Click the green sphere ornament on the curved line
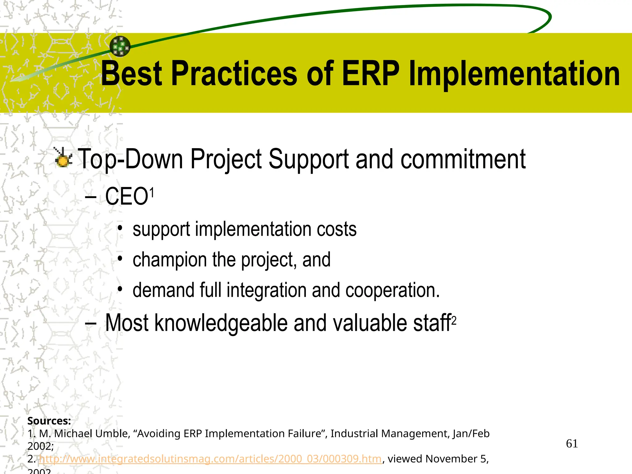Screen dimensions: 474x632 [120, 46]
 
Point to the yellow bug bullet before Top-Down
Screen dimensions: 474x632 [63, 158]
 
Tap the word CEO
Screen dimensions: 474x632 [127, 197]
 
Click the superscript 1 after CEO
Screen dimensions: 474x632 [152, 193]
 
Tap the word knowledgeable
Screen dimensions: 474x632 [221, 323]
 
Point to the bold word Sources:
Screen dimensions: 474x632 [49, 421]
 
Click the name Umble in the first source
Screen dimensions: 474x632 [112, 434]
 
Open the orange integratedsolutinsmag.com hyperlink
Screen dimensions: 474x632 [210, 459]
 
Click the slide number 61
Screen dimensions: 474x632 [572, 444]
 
